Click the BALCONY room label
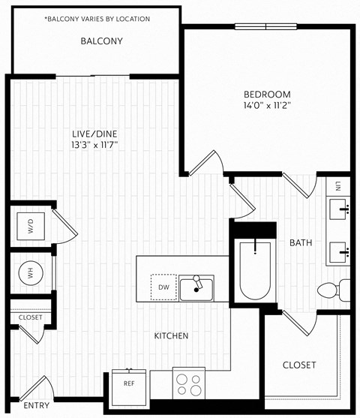point(101,41)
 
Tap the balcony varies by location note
point(97,18)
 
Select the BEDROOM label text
point(266,95)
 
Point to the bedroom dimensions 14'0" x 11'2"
point(266,106)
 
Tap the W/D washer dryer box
point(31,224)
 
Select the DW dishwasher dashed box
point(163,286)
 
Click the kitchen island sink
point(196,287)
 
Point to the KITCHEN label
point(171,335)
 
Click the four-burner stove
point(188,385)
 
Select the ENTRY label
point(37,406)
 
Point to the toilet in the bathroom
point(331,289)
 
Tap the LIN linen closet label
point(338,185)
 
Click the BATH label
point(301,242)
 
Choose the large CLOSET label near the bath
point(299,365)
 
